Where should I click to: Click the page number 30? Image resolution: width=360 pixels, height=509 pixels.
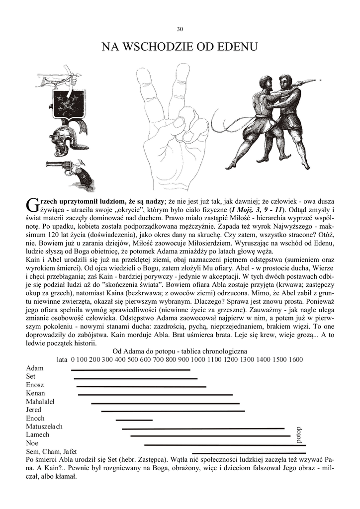pyautogui.click(x=180, y=29)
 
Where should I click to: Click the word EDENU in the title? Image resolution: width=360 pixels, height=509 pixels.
pyautogui.click(x=235, y=48)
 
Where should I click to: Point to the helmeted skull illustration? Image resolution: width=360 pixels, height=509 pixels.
pyautogui.click(x=69, y=139)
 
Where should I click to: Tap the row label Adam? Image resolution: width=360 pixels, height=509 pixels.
pyautogui.click(x=35, y=368)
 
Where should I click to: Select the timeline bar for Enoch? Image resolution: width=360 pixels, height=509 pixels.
pyautogui.click(x=134, y=420)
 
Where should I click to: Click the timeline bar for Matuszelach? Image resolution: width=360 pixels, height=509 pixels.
pyautogui.click(x=203, y=428)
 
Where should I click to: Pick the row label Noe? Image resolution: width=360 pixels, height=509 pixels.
pyautogui.click(x=32, y=443)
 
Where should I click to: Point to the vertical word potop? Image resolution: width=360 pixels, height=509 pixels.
pyautogui.click(x=298, y=435)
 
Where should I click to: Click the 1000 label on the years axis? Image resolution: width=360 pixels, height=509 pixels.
pyautogui.click(x=197, y=359)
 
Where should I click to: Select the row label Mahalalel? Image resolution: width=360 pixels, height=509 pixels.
pyautogui.click(x=40, y=402)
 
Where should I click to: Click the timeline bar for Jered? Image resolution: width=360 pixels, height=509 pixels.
pyautogui.click(x=173, y=411)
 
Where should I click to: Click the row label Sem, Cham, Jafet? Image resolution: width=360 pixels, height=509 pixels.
pyautogui.click(x=51, y=451)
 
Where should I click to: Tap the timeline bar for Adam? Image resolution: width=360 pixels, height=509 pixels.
pyautogui.click(x=130, y=370)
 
